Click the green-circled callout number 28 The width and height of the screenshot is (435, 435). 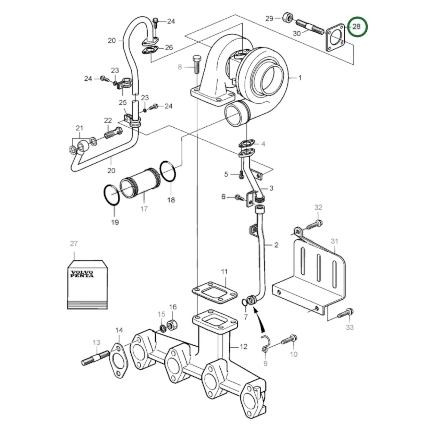point(357,26)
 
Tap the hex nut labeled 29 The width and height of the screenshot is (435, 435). point(287,18)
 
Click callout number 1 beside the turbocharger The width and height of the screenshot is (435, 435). point(300,78)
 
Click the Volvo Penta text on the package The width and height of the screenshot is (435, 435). point(82,274)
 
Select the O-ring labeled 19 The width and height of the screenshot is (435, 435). point(112,196)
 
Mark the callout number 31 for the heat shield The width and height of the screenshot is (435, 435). point(334,241)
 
